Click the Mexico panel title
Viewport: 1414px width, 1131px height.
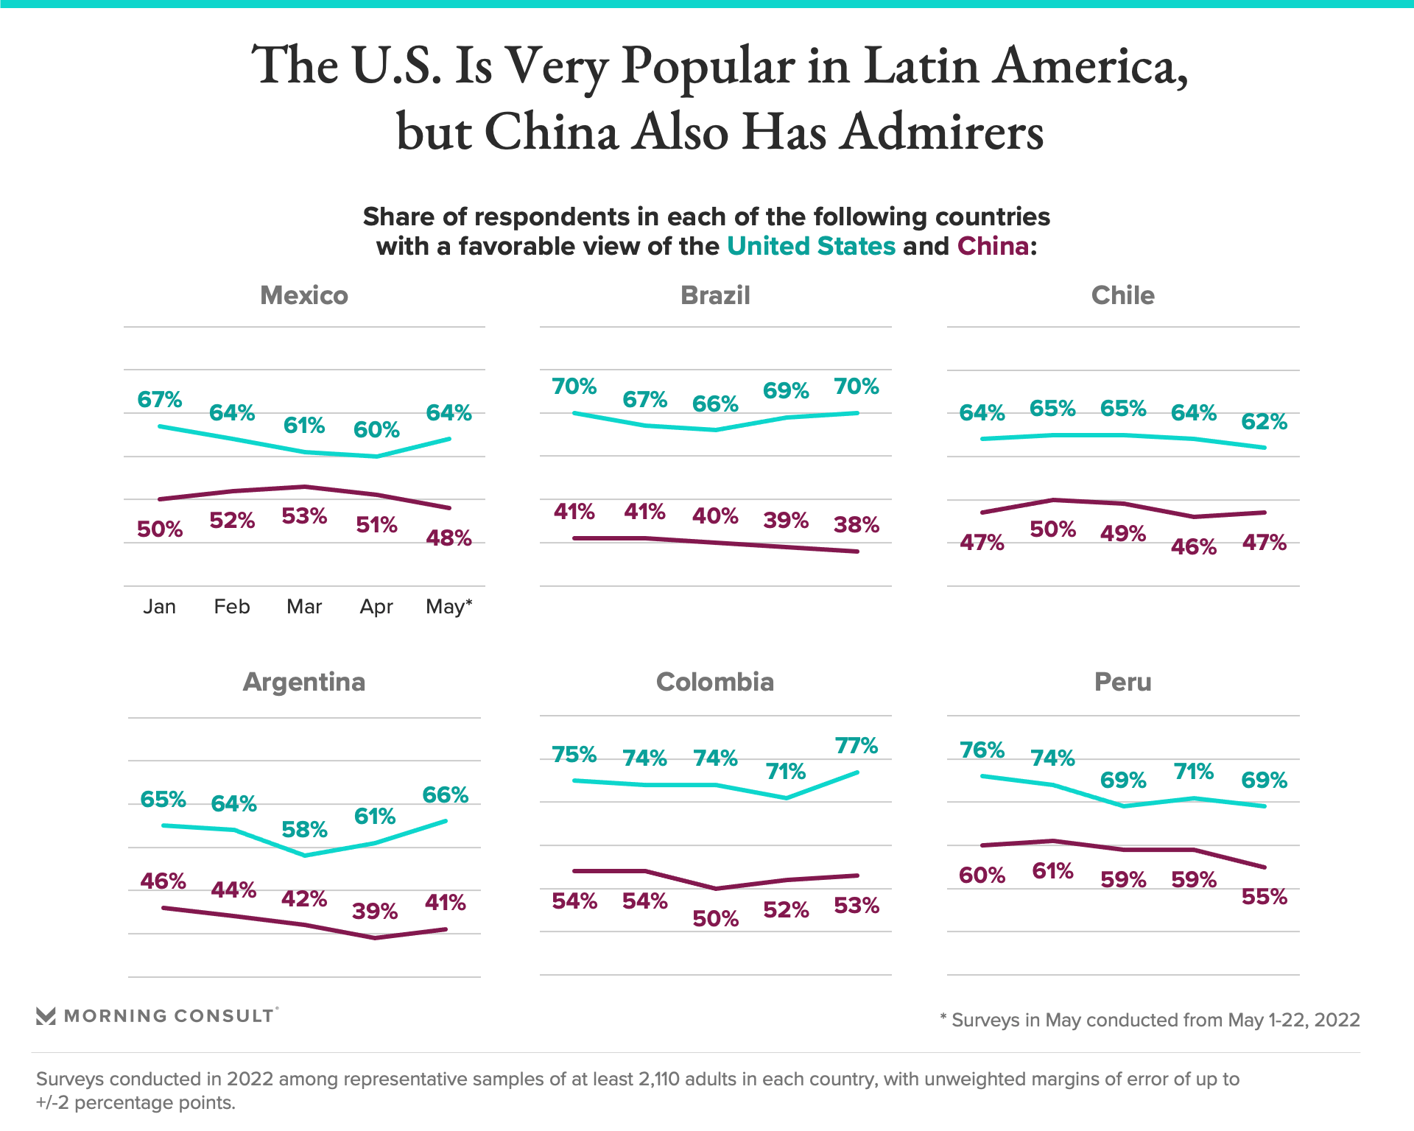coord(303,295)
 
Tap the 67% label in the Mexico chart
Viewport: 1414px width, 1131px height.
coord(160,400)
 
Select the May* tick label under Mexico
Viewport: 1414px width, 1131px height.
coord(449,607)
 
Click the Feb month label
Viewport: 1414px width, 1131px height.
coord(232,607)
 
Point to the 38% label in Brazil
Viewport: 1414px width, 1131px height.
coord(856,525)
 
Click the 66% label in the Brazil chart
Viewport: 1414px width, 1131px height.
coord(715,404)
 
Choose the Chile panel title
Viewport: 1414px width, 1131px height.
coord(1122,295)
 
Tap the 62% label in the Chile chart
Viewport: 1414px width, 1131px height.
coord(1264,422)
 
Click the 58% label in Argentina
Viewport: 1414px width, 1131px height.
coord(304,830)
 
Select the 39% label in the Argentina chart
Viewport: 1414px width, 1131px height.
coord(375,912)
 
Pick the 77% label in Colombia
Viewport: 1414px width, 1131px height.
coord(856,746)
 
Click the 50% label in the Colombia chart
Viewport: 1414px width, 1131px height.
coord(715,919)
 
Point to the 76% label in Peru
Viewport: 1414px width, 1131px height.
coord(982,750)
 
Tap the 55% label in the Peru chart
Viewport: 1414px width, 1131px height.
coord(1264,897)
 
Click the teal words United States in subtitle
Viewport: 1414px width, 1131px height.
coord(811,246)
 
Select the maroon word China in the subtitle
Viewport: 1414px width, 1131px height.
coord(993,246)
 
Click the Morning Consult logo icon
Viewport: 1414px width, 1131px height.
coord(46,1016)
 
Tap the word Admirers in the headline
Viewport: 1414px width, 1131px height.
coord(942,133)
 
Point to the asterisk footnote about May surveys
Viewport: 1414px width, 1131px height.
coord(1150,1021)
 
